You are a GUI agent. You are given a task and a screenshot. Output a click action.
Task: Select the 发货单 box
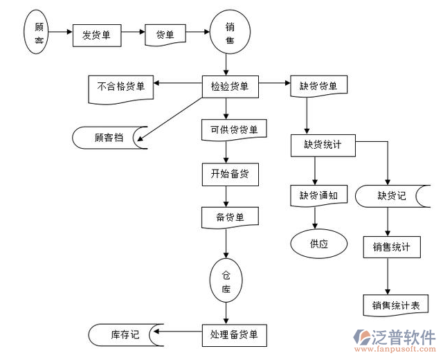[x=96, y=35]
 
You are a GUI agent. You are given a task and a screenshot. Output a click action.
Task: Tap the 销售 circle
[x=230, y=34]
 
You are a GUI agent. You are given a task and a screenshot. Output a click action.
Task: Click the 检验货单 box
[x=230, y=87]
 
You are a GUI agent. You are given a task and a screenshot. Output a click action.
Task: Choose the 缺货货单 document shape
[x=318, y=87]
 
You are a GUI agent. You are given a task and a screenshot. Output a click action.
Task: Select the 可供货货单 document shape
[x=230, y=129]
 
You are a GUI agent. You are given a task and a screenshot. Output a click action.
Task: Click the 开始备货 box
[x=230, y=174]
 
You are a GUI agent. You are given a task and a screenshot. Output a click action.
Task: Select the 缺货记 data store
[x=391, y=195]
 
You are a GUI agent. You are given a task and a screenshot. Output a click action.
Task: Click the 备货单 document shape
[x=230, y=217]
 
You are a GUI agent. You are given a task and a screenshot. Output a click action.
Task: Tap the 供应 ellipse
[x=318, y=244]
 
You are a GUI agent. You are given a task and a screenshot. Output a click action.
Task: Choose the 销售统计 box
[x=392, y=247]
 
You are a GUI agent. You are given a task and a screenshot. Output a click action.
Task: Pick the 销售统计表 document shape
[x=395, y=305]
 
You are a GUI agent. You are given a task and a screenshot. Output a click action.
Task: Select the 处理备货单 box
[x=233, y=334]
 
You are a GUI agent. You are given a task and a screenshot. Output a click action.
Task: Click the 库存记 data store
[x=125, y=334]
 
